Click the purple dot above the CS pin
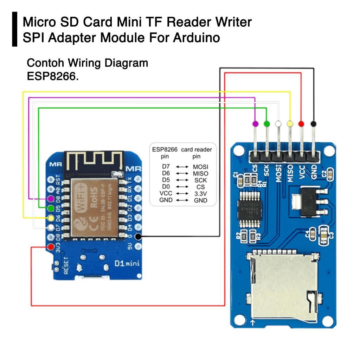255,123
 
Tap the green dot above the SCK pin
267,123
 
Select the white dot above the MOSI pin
278,123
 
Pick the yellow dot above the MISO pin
290,123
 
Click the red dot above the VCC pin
301,123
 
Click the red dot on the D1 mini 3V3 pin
51,246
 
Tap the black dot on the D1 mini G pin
138,236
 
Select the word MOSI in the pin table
200,166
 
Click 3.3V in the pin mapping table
200,193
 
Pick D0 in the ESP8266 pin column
166,187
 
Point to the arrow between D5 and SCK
182,180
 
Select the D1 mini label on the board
127,263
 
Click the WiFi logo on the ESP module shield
80,197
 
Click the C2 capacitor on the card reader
330,174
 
